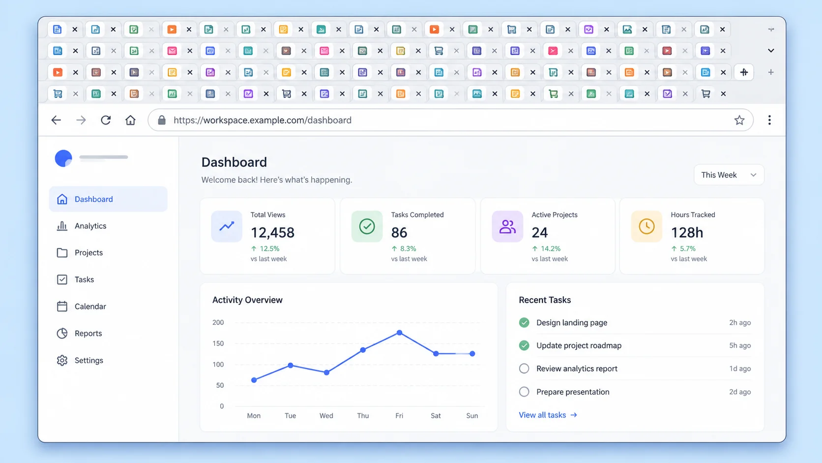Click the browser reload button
(106, 120)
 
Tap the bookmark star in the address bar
(739, 120)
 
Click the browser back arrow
(56, 120)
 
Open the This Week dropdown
(729, 175)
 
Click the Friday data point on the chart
(399, 333)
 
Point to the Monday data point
(254, 380)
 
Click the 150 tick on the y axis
(218, 343)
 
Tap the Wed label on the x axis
(326, 416)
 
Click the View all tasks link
(548, 415)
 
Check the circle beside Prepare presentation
(524, 392)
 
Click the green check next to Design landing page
(524, 322)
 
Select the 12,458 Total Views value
(272, 232)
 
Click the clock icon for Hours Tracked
(646, 226)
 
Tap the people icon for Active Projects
(507, 226)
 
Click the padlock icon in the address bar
(161, 120)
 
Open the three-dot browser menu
(769, 120)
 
